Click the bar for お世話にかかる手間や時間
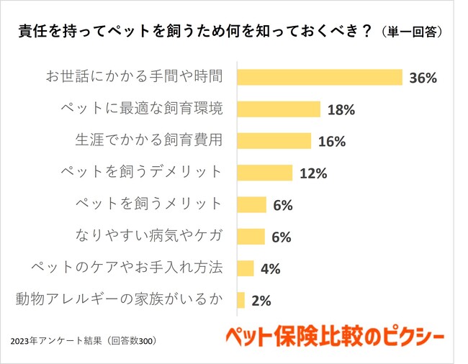319,77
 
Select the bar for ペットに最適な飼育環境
278,109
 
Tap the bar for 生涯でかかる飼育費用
274,140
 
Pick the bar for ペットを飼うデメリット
264,173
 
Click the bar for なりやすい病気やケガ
251,236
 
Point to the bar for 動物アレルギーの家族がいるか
241,300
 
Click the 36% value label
423,78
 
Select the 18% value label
341,110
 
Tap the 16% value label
331,142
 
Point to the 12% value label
313,173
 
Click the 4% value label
271,269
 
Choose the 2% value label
261,301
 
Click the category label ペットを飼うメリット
149,204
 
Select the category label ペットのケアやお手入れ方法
127,268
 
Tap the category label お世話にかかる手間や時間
134,77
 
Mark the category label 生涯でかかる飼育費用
149,140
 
